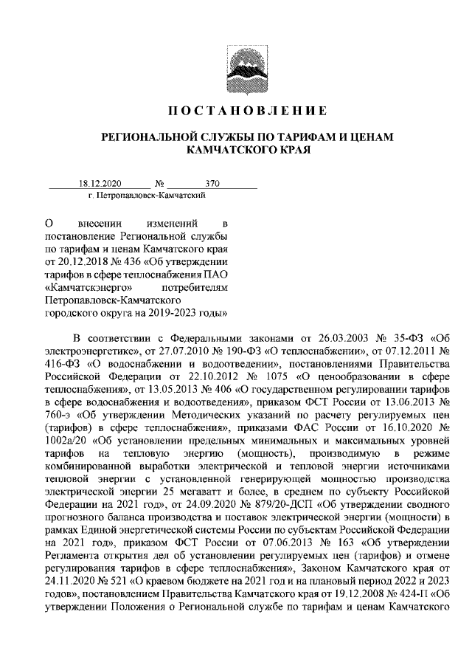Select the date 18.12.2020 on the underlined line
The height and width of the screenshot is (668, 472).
(100, 184)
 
